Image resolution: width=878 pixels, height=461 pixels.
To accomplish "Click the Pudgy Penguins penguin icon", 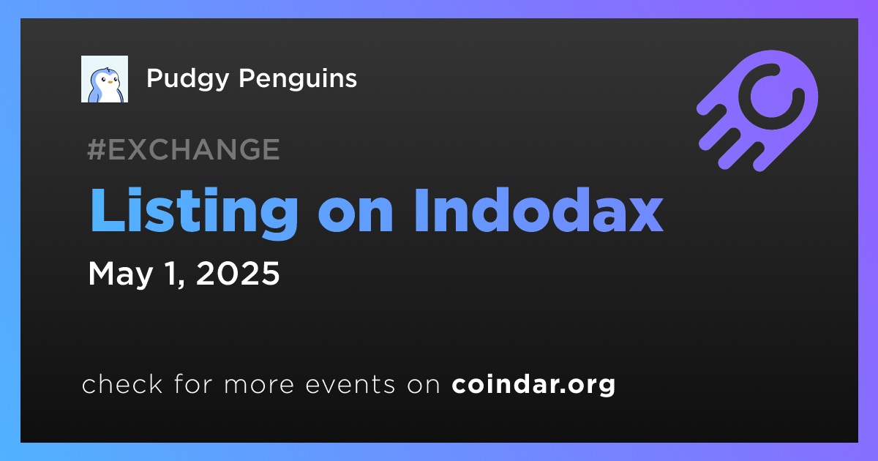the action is [x=105, y=79].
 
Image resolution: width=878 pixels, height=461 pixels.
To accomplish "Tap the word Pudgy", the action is [x=188, y=79].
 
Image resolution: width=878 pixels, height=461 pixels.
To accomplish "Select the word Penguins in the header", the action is [x=298, y=79].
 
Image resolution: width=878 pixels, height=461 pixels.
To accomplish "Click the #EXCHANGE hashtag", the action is [x=184, y=149].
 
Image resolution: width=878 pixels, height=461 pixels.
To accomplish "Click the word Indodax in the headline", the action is [x=539, y=210].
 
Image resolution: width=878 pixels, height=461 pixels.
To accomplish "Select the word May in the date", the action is [x=120, y=274].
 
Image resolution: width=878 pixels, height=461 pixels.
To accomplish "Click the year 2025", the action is [x=238, y=273].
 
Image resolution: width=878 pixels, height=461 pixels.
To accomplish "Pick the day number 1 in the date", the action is [x=173, y=273].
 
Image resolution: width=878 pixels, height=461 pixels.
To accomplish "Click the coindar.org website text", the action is [x=533, y=385].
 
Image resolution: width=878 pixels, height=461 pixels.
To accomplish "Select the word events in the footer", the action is [x=350, y=386].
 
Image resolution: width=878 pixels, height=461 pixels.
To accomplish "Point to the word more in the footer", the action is [x=259, y=386].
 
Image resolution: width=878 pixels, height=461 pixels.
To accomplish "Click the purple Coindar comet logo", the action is [x=758, y=110].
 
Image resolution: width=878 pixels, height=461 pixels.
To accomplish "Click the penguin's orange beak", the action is [x=110, y=82].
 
